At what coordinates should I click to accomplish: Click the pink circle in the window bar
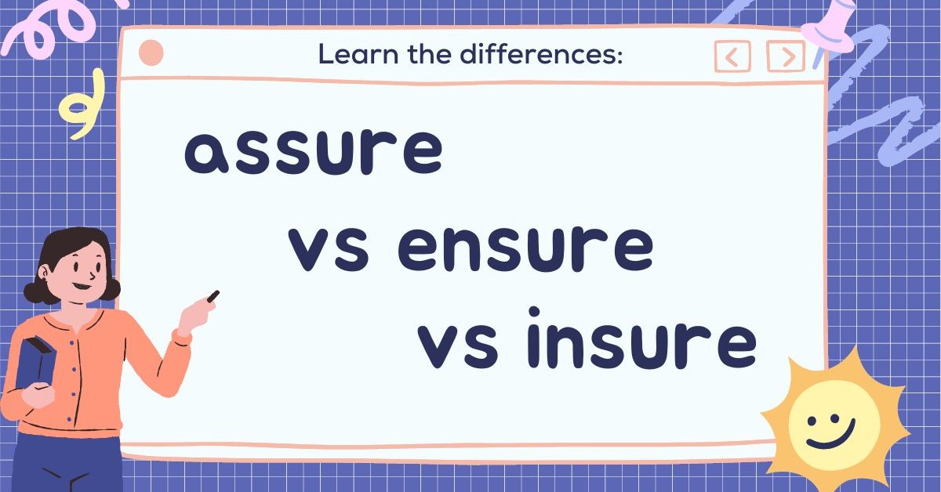click(x=151, y=53)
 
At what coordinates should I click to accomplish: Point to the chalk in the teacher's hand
click(x=213, y=297)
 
